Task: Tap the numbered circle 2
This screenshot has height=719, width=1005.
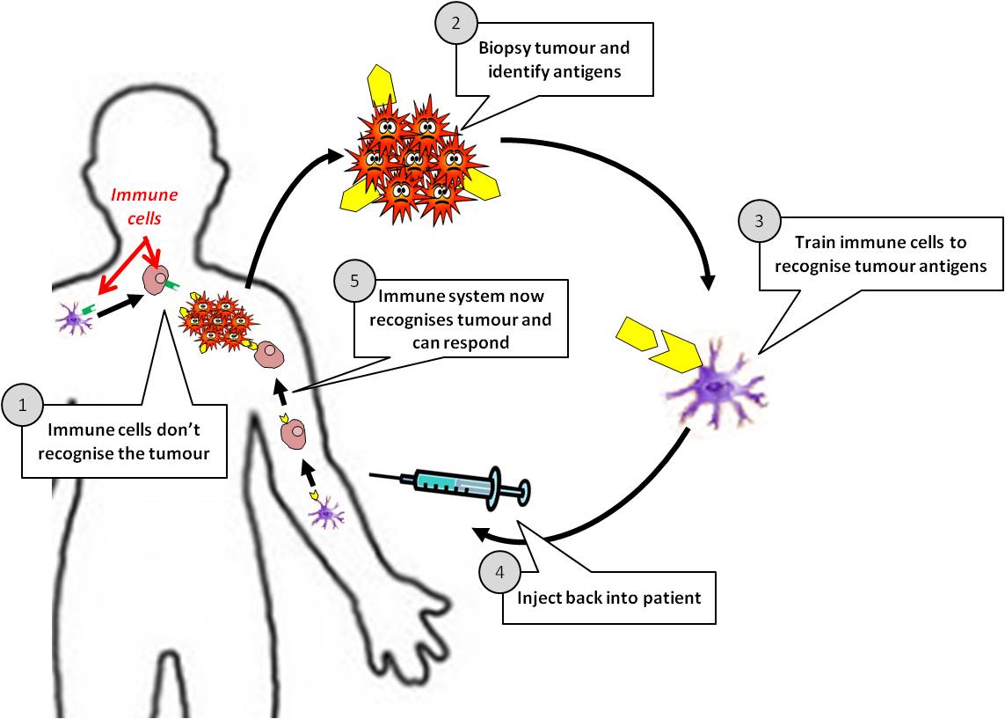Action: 456,25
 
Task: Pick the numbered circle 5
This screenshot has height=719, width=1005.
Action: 355,282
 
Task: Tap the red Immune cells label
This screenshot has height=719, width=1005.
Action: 143,204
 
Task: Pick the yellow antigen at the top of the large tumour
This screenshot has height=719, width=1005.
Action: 382,86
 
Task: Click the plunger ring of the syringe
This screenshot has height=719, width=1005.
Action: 522,492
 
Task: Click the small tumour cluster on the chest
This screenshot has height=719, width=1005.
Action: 214,321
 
